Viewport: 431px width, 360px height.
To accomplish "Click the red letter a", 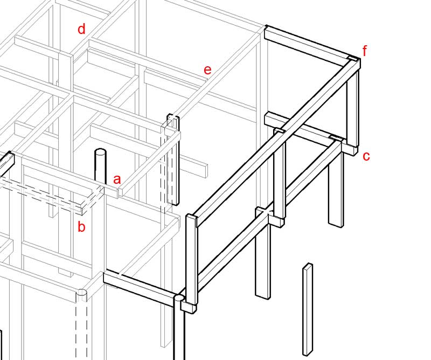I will [x=117, y=178].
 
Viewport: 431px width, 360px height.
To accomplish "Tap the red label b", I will [x=81, y=227].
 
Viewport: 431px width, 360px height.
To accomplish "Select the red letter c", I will [x=366, y=156].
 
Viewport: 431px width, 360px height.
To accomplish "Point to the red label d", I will [x=81, y=29].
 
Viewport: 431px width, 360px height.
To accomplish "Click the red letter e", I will [x=207, y=70].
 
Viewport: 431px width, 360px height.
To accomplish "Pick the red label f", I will [x=365, y=51].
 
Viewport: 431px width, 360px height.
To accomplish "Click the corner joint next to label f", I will [x=353, y=61].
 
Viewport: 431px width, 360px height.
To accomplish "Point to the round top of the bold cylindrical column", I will [x=179, y=297].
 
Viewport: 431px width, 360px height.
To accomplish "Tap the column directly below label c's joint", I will [x=335, y=189].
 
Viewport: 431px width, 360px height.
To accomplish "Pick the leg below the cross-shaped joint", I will [x=262, y=259].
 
